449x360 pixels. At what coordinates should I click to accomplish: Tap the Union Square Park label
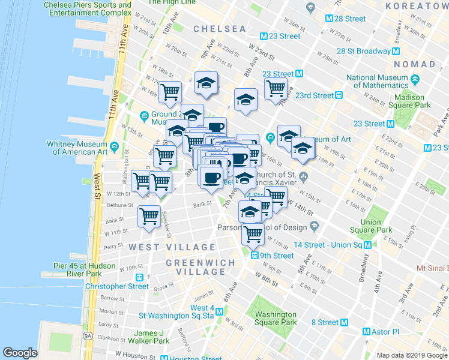point(376,226)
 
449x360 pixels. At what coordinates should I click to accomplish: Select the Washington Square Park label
point(276,318)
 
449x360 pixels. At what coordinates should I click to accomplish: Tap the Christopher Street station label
point(116,286)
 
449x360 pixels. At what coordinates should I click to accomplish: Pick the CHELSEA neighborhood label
point(220,29)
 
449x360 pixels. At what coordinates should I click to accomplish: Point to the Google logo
point(20,353)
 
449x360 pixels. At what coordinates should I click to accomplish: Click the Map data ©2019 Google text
point(412,355)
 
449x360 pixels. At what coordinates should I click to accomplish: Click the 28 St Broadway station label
point(364,51)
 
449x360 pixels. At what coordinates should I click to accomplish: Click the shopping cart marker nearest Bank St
point(149,216)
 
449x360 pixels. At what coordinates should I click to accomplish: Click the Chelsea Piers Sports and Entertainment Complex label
point(88,9)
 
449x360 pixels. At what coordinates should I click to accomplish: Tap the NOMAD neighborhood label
point(415,64)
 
